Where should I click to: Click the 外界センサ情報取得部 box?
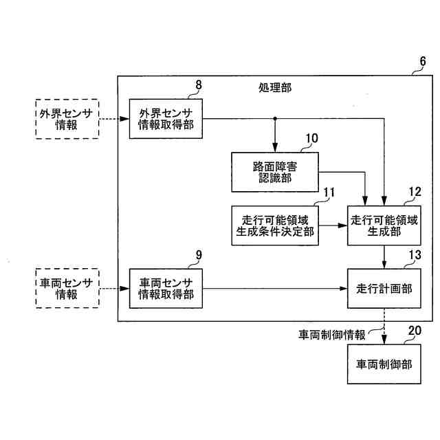tap(166, 118)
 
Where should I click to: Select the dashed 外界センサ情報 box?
tap(67, 119)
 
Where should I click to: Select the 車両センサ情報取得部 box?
tap(166, 287)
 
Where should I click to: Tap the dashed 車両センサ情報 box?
tap(67, 287)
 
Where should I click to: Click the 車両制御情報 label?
tap(332, 335)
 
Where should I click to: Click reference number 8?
tap(199, 85)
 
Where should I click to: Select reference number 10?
tap(311, 137)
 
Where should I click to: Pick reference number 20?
tap(415, 330)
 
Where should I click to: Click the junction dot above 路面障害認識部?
tap(275, 119)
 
